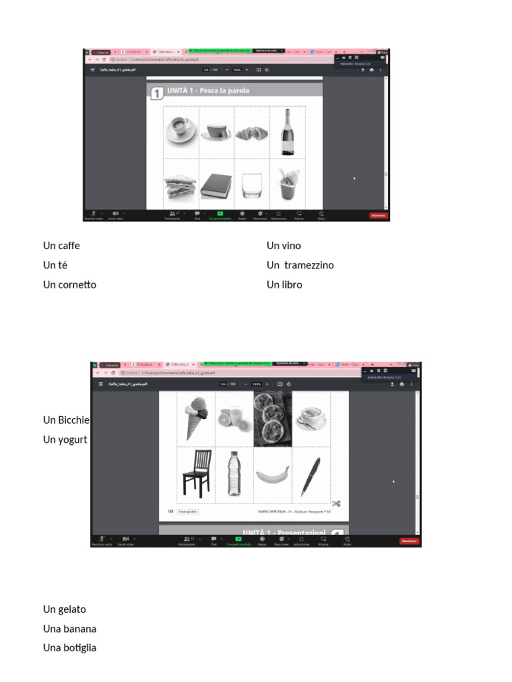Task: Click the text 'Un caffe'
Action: pyautogui.click(x=61, y=246)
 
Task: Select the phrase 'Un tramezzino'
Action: pyautogui.click(x=300, y=265)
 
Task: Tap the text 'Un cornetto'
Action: pyautogui.click(x=69, y=284)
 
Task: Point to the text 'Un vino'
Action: pyautogui.click(x=283, y=246)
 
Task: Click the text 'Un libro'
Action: pyautogui.click(x=284, y=284)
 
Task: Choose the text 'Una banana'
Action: pyautogui.click(x=70, y=629)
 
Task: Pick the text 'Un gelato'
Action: pyautogui.click(x=65, y=609)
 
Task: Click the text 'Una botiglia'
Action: pyautogui.click(x=70, y=648)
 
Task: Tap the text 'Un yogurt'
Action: pyautogui.click(x=65, y=440)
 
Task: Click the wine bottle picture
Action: pyautogui.click(x=287, y=132)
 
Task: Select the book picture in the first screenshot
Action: pyautogui.click(x=216, y=184)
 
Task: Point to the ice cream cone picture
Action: pyautogui.click(x=196, y=418)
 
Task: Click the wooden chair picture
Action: pyautogui.click(x=197, y=473)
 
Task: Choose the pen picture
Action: pyautogui.click(x=311, y=475)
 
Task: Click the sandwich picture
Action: pyautogui.click(x=181, y=184)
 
